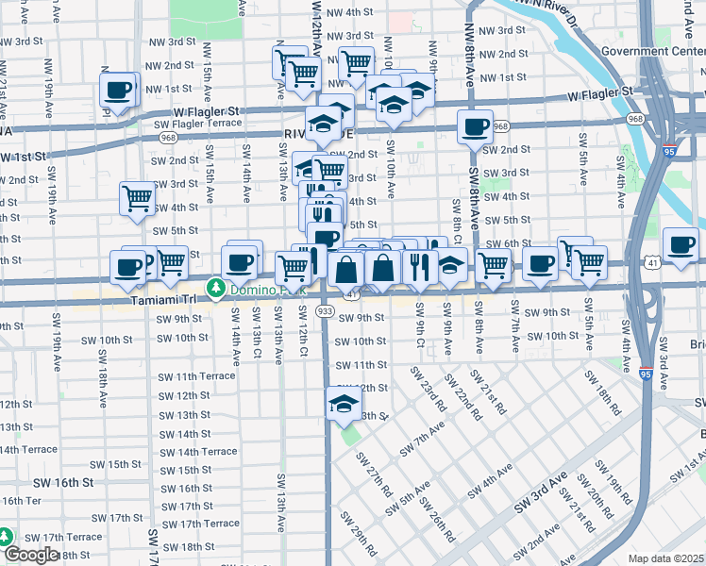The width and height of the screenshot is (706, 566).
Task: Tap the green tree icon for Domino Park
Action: point(217,288)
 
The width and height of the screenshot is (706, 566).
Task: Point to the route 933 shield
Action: point(326,311)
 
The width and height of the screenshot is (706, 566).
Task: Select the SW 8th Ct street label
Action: point(457,220)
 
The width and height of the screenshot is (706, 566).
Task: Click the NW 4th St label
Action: point(345,12)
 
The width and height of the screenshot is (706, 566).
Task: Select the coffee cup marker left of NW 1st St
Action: point(119,91)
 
